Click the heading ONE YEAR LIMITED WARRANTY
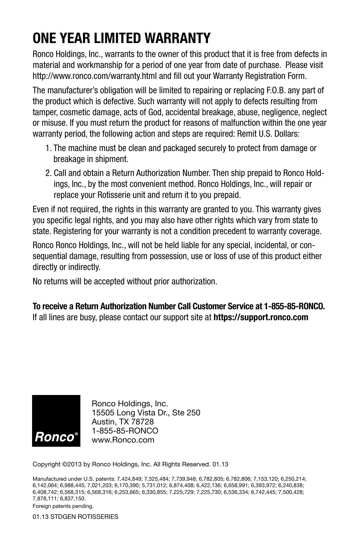(122, 38)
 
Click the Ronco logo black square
(56, 421)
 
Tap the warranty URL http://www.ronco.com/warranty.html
(95, 76)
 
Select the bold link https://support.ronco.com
(261, 317)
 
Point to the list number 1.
(48, 148)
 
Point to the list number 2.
(48, 173)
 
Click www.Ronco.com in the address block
(123, 440)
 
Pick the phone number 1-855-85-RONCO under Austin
(125, 431)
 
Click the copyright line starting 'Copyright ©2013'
(131, 464)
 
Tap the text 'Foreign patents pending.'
(63, 506)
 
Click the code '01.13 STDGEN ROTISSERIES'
(75, 517)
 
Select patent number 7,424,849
(131, 478)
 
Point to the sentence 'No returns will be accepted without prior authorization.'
(125, 282)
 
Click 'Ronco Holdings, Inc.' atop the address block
(130, 404)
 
